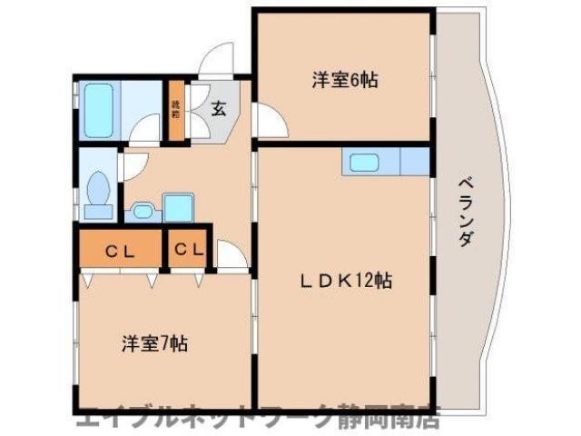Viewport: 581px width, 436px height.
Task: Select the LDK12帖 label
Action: [347, 281]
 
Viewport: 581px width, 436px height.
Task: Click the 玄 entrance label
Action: [219, 109]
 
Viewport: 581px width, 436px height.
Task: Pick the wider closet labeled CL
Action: [119, 250]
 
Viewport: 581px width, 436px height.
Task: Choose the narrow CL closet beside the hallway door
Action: [189, 249]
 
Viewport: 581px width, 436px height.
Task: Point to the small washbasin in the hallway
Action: [142, 212]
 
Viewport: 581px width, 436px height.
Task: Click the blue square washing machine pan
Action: [178, 208]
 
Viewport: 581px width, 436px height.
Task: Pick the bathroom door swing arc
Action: [145, 133]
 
